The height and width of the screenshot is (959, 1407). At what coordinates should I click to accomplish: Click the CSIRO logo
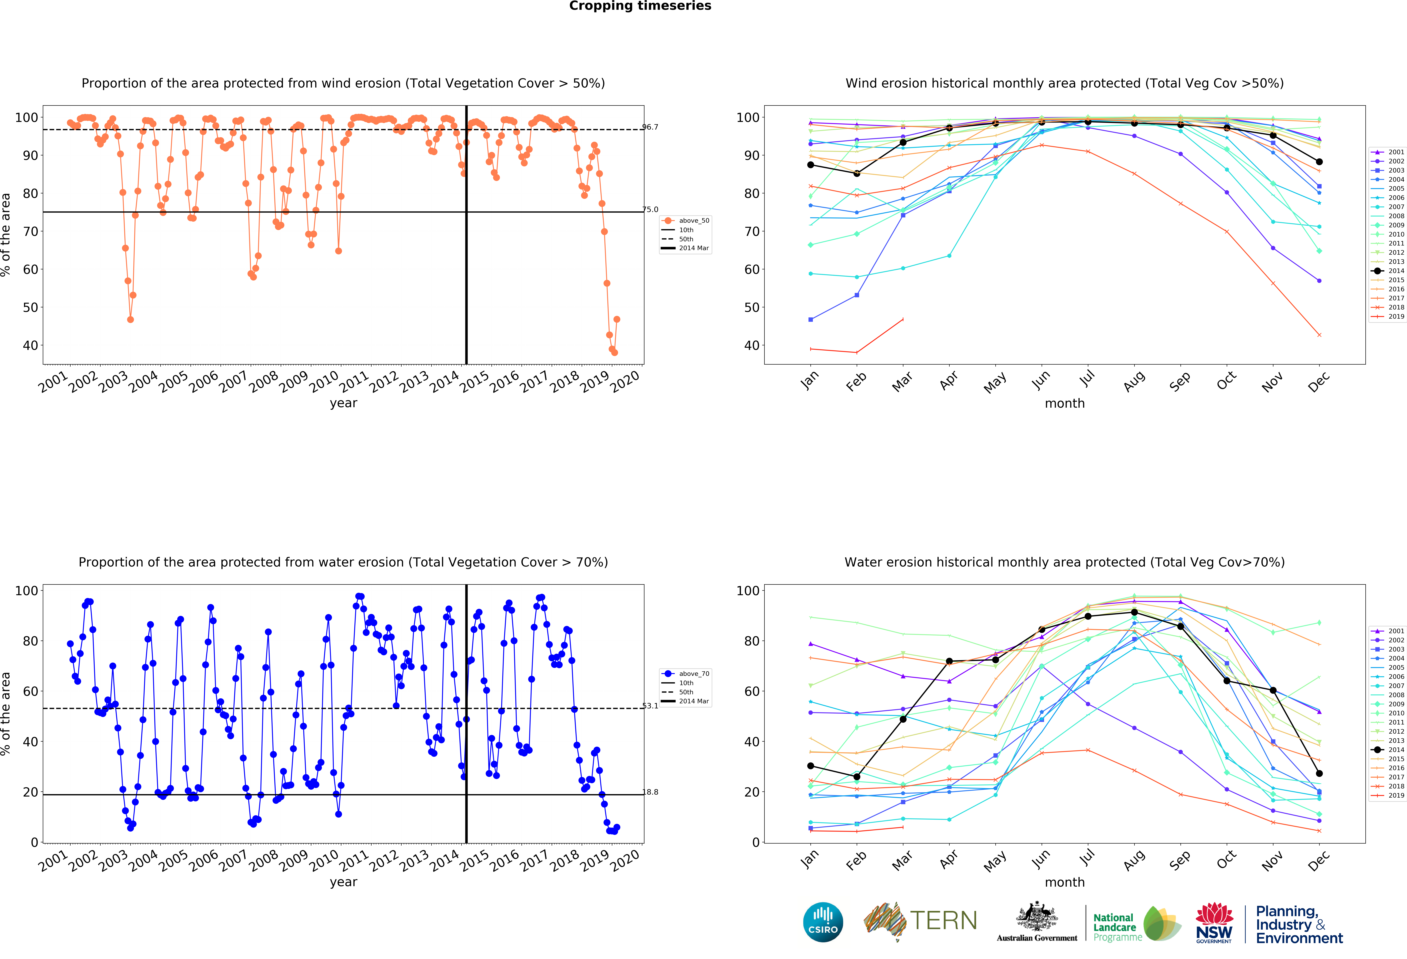[823, 922]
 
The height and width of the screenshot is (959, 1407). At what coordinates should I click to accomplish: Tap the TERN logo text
[943, 921]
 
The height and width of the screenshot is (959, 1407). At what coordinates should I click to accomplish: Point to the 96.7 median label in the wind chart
[650, 127]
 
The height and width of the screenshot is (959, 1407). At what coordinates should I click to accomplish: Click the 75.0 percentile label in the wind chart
[650, 209]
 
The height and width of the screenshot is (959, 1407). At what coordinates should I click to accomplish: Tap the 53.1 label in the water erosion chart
[650, 706]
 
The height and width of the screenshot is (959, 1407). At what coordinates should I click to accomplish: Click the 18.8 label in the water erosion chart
[650, 792]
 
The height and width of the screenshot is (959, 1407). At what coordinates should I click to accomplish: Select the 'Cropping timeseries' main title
[640, 6]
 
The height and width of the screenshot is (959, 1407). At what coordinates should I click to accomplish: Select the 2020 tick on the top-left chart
[625, 381]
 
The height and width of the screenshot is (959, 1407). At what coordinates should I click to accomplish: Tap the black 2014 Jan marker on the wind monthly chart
[811, 165]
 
